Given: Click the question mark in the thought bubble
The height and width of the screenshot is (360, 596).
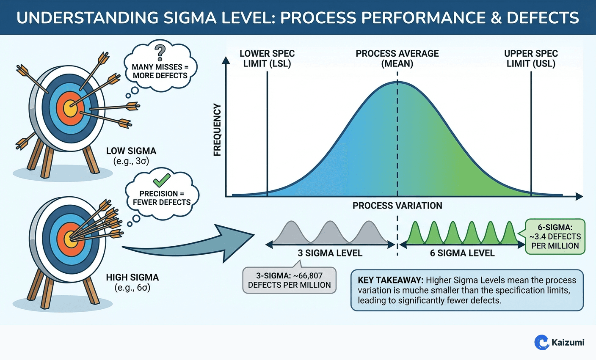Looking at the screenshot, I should click(x=160, y=53).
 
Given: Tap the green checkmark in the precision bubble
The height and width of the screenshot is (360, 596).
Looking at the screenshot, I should click(x=161, y=181).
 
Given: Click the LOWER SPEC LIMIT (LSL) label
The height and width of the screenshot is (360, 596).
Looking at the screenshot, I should click(x=267, y=58).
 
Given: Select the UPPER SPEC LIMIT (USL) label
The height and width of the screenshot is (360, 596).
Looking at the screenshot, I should click(x=531, y=58).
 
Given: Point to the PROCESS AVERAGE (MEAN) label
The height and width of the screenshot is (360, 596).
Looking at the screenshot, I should click(x=397, y=58).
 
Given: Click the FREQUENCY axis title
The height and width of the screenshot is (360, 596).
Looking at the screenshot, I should click(x=218, y=130).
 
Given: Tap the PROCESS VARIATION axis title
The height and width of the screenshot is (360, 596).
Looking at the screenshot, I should click(x=397, y=206).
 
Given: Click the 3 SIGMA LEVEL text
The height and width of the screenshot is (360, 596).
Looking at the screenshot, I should click(x=330, y=253).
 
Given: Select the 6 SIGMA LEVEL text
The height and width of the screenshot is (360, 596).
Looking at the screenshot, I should click(x=462, y=253).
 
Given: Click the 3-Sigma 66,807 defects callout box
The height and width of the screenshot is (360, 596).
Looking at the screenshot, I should click(x=290, y=280).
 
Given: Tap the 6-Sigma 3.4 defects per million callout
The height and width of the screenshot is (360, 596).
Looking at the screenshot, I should click(x=555, y=236).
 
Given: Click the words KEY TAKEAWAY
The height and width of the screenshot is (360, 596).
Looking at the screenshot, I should click(x=390, y=280).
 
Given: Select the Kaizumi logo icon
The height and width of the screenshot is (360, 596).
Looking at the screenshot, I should click(x=542, y=342).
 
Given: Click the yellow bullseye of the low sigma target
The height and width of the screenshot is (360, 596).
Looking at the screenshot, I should click(x=70, y=108).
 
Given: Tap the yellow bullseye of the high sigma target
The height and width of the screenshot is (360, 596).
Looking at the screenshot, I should click(x=70, y=239).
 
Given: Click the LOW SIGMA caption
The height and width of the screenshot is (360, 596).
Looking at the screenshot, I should click(x=131, y=151).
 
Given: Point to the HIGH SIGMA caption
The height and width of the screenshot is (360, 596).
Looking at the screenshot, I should click(x=132, y=278).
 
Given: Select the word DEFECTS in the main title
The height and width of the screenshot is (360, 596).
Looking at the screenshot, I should click(x=543, y=18).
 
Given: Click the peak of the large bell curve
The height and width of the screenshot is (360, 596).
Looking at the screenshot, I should click(x=397, y=82).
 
